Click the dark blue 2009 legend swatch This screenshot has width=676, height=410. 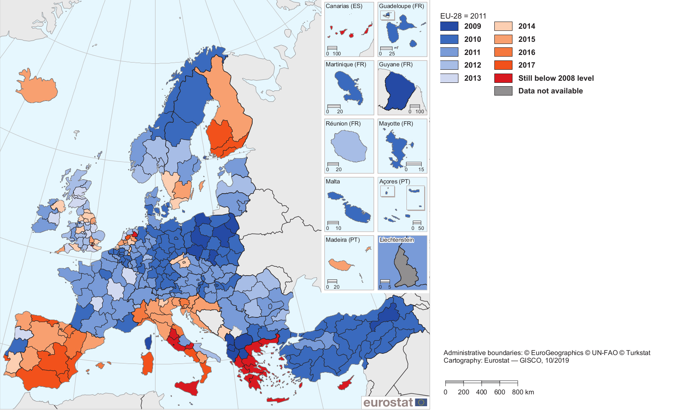pyautogui.click(x=449, y=26)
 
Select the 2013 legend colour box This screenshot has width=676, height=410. pyautogui.click(x=449, y=78)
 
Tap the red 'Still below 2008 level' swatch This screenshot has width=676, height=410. pyautogui.click(x=503, y=78)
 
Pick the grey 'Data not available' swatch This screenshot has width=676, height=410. pyautogui.click(x=503, y=91)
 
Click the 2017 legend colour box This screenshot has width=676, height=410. pyautogui.click(x=503, y=65)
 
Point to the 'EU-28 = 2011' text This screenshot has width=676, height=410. pyautogui.click(x=463, y=16)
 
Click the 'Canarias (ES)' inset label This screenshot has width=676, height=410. pyautogui.click(x=344, y=6)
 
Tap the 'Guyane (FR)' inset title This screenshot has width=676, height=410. pyautogui.click(x=395, y=65)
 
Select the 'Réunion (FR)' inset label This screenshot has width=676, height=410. pyautogui.click(x=343, y=124)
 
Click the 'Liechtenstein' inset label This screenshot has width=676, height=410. pyautogui.click(x=397, y=240)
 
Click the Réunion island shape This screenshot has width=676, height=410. pyautogui.click(x=349, y=146)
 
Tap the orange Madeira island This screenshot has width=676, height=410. pyautogui.click(x=341, y=265)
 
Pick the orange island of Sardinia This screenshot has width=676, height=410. pyautogui.click(x=147, y=363)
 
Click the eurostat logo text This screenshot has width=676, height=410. pyautogui.click(x=388, y=402)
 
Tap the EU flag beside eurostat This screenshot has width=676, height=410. pyautogui.click(x=421, y=402)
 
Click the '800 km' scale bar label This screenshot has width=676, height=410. pyautogui.click(x=523, y=392)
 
